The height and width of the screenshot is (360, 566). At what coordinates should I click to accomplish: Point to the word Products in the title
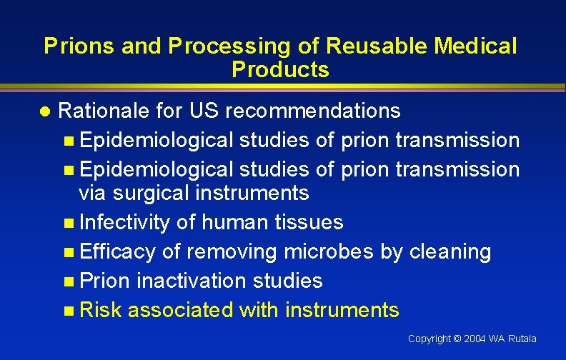coord(280,70)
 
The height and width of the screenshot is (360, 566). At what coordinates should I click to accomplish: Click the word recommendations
coord(314,111)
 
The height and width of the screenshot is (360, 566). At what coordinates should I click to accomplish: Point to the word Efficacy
coord(117,251)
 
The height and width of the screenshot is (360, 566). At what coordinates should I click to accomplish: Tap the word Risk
coord(101,310)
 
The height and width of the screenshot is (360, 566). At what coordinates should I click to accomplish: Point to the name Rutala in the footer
coord(522,339)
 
